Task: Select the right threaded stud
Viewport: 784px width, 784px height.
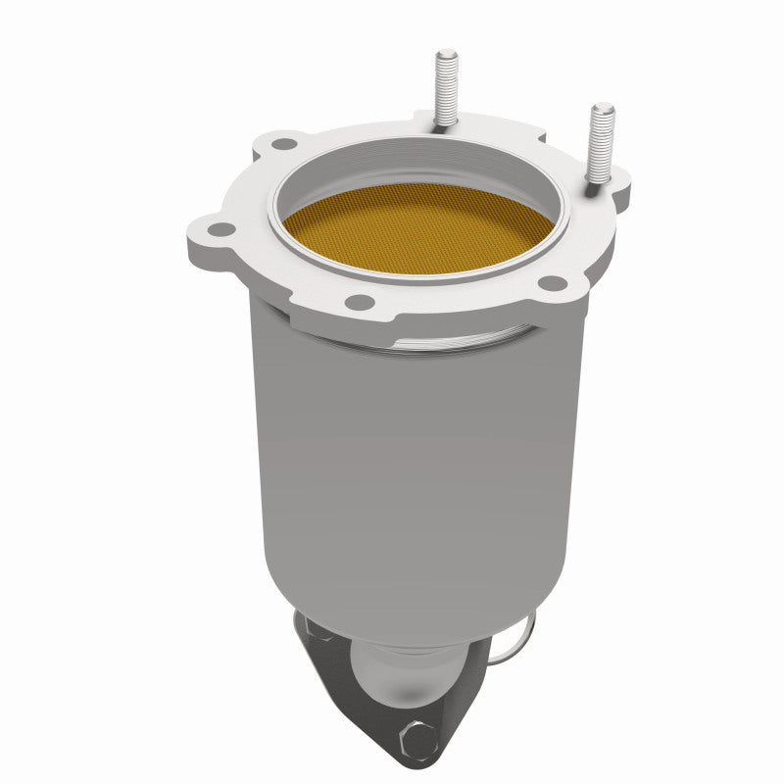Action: (599, 142)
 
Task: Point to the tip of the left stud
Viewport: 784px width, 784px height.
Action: (447, 53)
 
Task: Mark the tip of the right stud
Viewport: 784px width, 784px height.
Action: (603, 107)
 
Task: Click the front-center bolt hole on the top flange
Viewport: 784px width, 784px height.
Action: (360, 301)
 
